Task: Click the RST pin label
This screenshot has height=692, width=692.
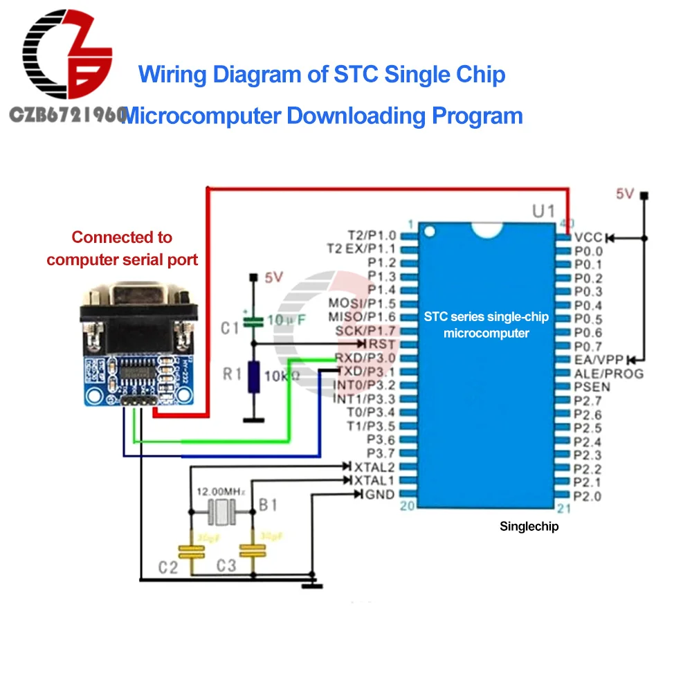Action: tap(383, 344)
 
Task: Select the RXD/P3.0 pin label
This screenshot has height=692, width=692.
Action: tap(365, 358)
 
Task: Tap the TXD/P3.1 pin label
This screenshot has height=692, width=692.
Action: tap(365, 372)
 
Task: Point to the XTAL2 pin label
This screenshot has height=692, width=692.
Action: tap(374, 467)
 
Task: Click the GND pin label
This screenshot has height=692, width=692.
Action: tap(379, 494)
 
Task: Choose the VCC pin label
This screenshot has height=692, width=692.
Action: tap(589, 237)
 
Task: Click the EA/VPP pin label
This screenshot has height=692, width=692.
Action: tap(599, 360)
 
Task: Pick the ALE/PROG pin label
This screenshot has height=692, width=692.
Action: tap(608, 374)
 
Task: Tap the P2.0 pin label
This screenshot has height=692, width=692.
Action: tap(588, 495)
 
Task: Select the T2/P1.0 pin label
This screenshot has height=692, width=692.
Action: tap(372, 236)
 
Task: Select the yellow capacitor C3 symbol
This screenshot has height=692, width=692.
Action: tap(252, 551)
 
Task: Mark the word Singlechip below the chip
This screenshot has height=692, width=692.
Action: tap(529, 527)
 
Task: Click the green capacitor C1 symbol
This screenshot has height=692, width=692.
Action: tap(255, 320)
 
